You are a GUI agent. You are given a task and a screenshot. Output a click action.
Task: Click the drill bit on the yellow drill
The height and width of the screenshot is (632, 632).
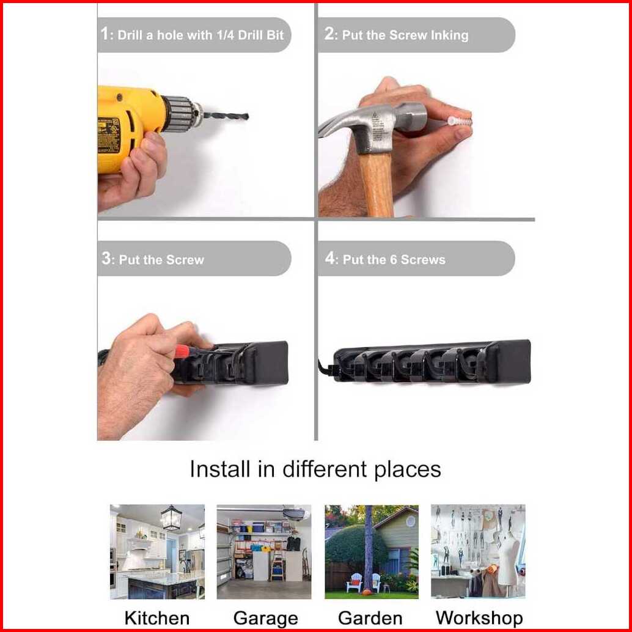(226, 116)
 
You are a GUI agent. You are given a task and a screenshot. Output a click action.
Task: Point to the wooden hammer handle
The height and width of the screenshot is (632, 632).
(377, 183)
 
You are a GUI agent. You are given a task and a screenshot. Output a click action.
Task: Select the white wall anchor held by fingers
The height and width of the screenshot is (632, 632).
(460, 120)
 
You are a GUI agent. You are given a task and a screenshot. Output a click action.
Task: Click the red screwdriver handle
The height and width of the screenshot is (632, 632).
(182, 351)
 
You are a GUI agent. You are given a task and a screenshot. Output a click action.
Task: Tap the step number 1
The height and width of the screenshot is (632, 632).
(105, 34)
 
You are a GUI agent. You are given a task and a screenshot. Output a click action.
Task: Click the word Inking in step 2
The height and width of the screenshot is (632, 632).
(449, 35)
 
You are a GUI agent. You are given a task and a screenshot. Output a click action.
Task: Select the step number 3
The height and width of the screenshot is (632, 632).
(106, 258)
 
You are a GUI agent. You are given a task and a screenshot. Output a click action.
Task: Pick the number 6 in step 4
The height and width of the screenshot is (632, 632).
(394, 260)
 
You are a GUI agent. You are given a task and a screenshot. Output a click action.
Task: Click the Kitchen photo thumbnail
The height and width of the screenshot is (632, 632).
(157, 551)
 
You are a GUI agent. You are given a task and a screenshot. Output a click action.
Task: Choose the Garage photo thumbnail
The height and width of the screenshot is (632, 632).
(264, 551)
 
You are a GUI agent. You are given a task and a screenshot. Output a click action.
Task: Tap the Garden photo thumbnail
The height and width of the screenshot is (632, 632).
(372, 551)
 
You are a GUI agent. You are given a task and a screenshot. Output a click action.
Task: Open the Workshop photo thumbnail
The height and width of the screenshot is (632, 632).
(478, 551)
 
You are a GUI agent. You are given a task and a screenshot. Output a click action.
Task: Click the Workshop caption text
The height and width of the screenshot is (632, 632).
(479, 617)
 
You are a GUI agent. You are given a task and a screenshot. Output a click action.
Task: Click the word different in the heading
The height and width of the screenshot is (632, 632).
(325, 469)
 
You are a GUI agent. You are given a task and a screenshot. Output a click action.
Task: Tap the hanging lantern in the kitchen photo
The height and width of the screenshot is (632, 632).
(171, 519)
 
